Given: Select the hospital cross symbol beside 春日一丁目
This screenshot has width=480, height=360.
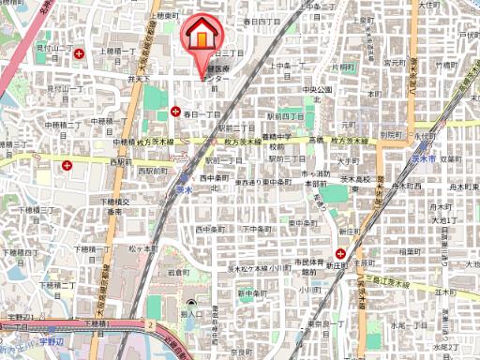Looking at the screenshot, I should pyautogui.click(x=175, y=112).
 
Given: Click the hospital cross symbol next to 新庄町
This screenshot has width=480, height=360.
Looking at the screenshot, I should pyautogui.click(x=343, y=253).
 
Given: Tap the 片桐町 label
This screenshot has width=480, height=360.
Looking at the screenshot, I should pyautogui.click(x=343, y=68).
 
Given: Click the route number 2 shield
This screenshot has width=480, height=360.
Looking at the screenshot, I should pyautogui.click(x=149, y=323).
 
